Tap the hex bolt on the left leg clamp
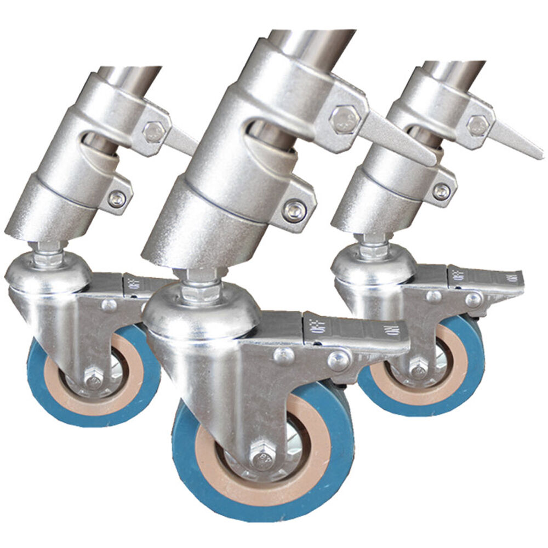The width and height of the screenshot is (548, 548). coord(153,130)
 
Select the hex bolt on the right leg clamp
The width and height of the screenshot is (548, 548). coord(478,125)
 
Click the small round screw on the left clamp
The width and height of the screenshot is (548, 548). coord(116,198)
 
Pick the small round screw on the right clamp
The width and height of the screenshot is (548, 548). coord(442,191)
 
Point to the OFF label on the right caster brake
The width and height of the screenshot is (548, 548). coord(459,273)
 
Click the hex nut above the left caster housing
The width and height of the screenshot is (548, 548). coord(48,255)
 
